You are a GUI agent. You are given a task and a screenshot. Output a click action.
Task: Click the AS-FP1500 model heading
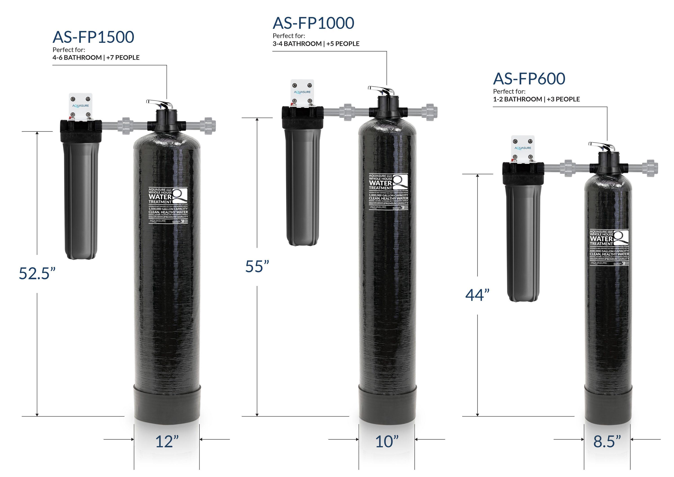point(93,37)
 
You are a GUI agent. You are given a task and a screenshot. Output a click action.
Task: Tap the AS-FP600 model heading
point(529,79)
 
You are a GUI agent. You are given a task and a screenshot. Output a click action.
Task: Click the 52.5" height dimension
point(37,273)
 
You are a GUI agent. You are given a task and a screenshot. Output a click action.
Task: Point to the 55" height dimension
point(257,266)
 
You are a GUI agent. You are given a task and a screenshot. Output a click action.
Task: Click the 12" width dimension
point(167,442)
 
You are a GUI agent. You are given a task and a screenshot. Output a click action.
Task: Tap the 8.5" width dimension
point(607,442)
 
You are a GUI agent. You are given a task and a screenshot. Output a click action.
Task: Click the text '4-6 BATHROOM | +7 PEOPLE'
point(96,57)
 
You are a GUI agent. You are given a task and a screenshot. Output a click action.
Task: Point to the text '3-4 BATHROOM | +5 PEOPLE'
point(316,44)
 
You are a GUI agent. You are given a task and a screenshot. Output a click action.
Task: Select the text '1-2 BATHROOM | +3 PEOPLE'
point(536,99)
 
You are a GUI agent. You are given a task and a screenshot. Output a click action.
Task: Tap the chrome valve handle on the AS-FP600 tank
point(601,146)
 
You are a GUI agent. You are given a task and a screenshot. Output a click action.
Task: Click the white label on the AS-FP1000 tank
point(388,191)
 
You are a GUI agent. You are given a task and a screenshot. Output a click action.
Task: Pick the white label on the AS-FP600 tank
point(609,247)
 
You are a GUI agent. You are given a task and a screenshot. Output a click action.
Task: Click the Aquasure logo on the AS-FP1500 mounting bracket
point(80,106)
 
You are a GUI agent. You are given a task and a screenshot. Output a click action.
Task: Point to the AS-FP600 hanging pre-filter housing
point(523,241)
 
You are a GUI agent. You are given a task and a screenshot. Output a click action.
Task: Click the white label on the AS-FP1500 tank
point(168,206)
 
